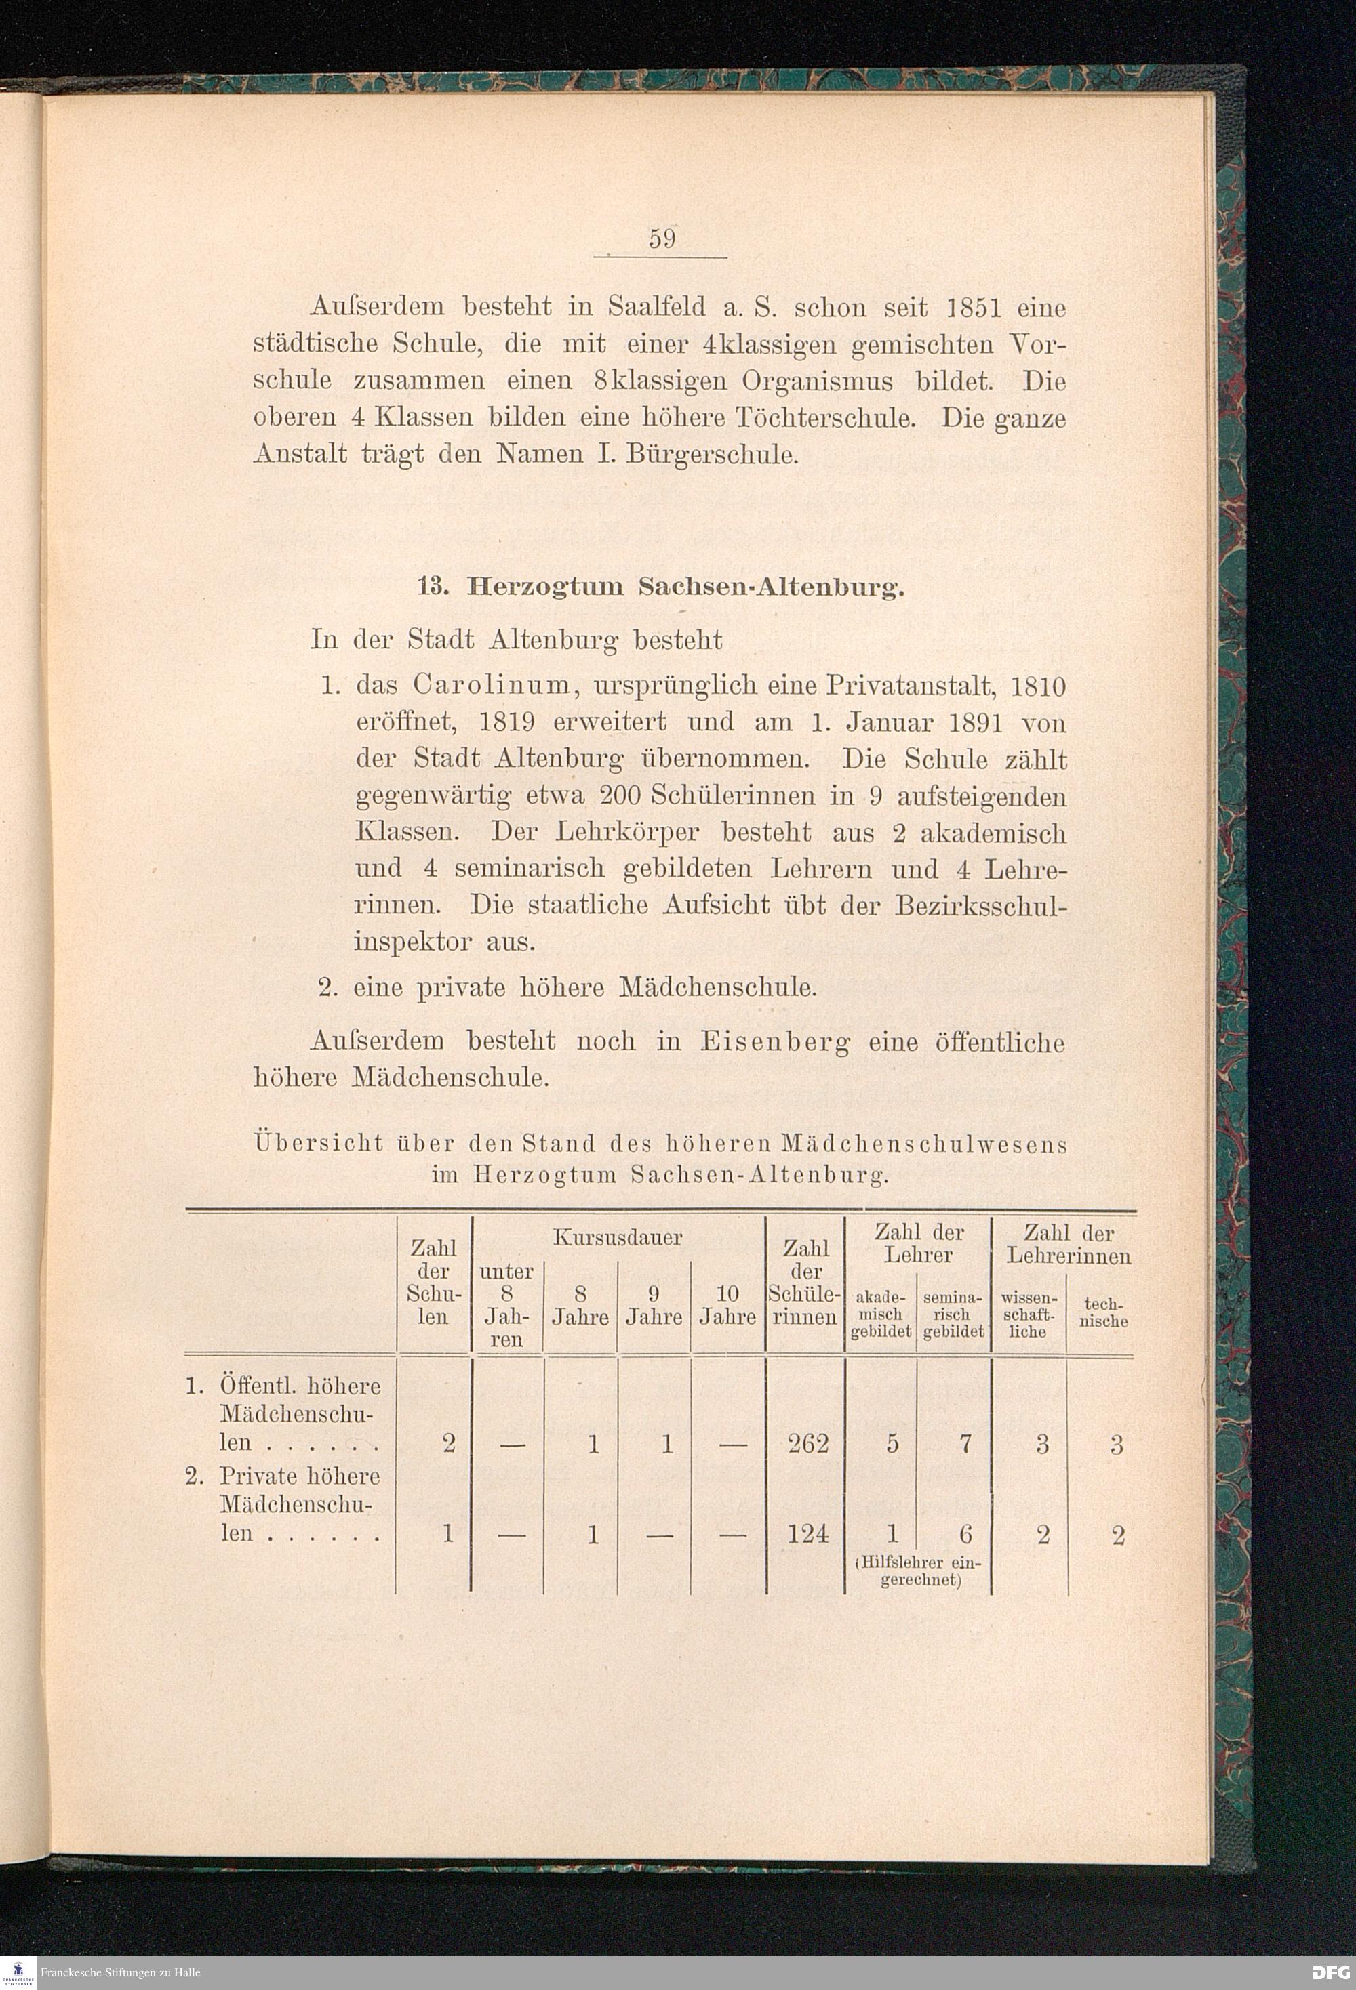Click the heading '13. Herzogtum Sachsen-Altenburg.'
coord(659,587)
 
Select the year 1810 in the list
coord(1038,687)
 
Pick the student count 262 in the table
coord(807,1445)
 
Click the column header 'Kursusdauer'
coord(617,1237)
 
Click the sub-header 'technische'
coord(1104,1312)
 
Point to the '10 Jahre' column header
coord(726,1304)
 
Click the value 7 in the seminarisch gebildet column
coord(965,1445)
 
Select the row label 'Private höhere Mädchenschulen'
coord(298,1504)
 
